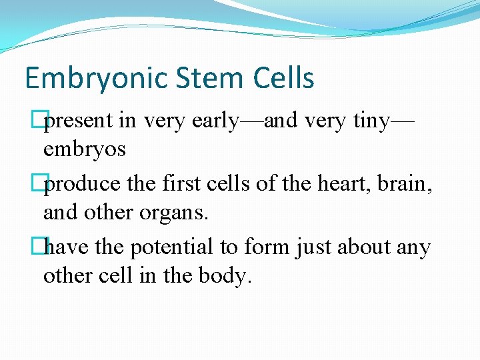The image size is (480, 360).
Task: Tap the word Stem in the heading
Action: [197, 79]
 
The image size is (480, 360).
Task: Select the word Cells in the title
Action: [283, 79]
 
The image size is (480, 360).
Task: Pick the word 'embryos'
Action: [84, 149]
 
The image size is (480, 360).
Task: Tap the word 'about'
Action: [371, 248]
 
